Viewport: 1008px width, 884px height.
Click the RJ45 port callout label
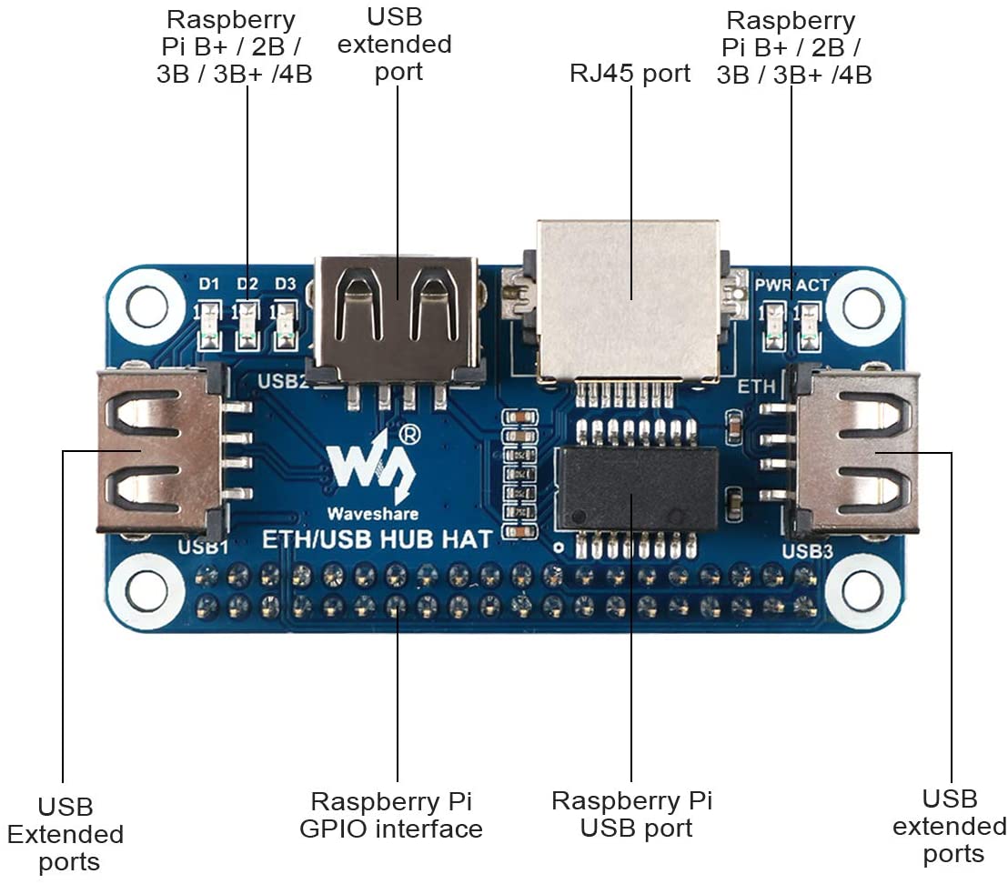coord(630,73)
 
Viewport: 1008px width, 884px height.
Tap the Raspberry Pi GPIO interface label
coord(397,815)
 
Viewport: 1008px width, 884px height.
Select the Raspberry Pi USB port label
coord(632,815)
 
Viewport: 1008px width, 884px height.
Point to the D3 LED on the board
coord(285,327)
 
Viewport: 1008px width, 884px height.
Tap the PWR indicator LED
coord(775,327)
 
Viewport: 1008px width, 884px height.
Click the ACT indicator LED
coord(806,327)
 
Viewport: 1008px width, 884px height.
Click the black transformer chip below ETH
coord(637,487)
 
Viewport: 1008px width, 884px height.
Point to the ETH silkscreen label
coord(757,387)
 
